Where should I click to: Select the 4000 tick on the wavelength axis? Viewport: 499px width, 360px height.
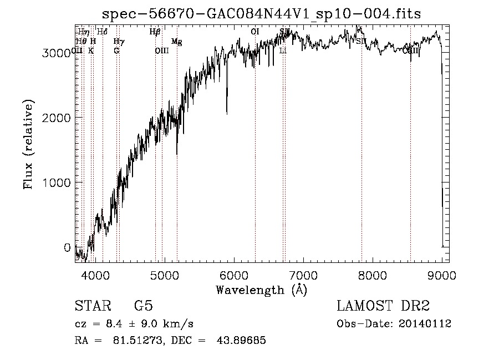click(95, 275)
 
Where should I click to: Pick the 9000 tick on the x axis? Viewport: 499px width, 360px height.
click(442, 275)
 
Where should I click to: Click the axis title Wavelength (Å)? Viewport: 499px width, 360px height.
click(261, 290)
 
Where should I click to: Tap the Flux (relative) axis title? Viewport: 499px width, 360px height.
click(28, 144)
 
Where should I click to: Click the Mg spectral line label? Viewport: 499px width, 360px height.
click(176, 42)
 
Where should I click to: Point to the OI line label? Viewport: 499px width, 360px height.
click(255, 32)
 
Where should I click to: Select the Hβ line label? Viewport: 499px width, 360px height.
click(155, 32)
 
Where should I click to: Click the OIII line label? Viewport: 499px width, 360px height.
click(161, 50)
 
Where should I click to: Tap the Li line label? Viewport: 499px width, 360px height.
click(283, 50)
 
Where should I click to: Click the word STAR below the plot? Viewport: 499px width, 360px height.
click(91, 306)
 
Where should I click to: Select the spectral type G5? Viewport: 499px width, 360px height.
click(143, 306)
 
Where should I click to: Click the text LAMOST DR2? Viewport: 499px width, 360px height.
click(383, 306)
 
